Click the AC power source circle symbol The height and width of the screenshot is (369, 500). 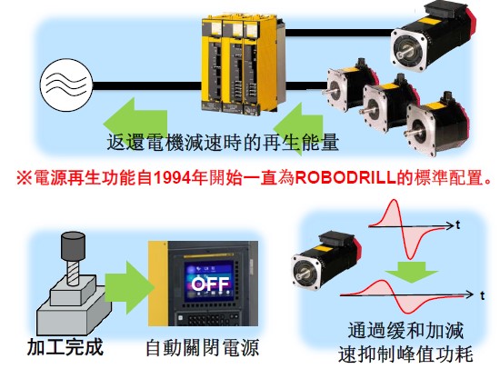(66, 85)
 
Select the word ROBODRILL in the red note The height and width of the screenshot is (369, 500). (345, 178)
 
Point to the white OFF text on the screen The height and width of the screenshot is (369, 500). (210, 284)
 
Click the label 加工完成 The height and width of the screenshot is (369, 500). (65, 347)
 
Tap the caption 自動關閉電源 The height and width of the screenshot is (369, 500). (202, 348)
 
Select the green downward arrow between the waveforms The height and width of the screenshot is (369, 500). (411, 272)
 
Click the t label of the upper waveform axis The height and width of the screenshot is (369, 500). (458, 225)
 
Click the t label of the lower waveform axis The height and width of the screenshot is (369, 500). (483, 295)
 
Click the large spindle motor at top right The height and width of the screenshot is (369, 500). (434, 36)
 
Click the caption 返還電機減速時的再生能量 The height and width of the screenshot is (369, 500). (223, 143)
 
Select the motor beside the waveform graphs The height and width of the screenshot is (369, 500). (326, 262)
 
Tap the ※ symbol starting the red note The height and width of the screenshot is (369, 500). (25, 178)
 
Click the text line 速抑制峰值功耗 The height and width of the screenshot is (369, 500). (405, 354)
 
